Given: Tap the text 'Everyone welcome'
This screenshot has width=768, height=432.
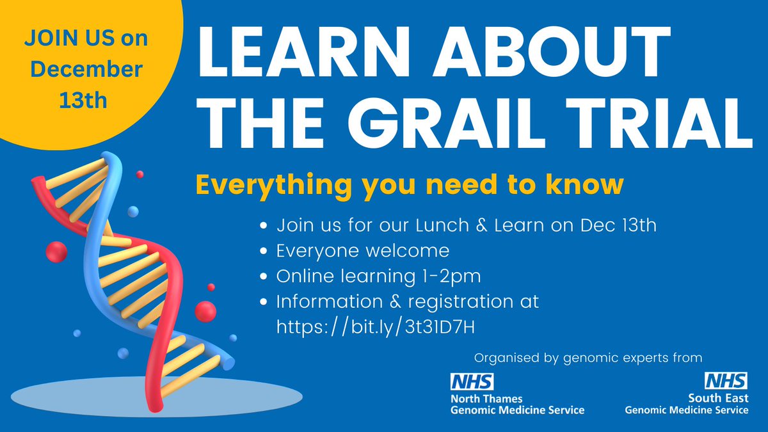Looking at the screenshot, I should tap(362, 250).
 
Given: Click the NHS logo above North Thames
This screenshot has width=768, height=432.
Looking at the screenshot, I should tap(472, 381).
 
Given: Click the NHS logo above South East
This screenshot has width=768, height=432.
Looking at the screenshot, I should tap(726, 381).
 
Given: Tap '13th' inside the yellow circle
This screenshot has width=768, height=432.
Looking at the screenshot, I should tap(85, 100).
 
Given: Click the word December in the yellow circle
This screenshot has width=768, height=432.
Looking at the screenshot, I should tap(85, 69).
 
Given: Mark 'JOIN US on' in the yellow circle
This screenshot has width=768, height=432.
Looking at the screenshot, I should tap(85, 38).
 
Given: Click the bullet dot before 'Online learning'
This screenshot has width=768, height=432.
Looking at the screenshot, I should tap(264, 276).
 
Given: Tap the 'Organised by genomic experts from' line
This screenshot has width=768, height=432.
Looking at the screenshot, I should tap(588, 357).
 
